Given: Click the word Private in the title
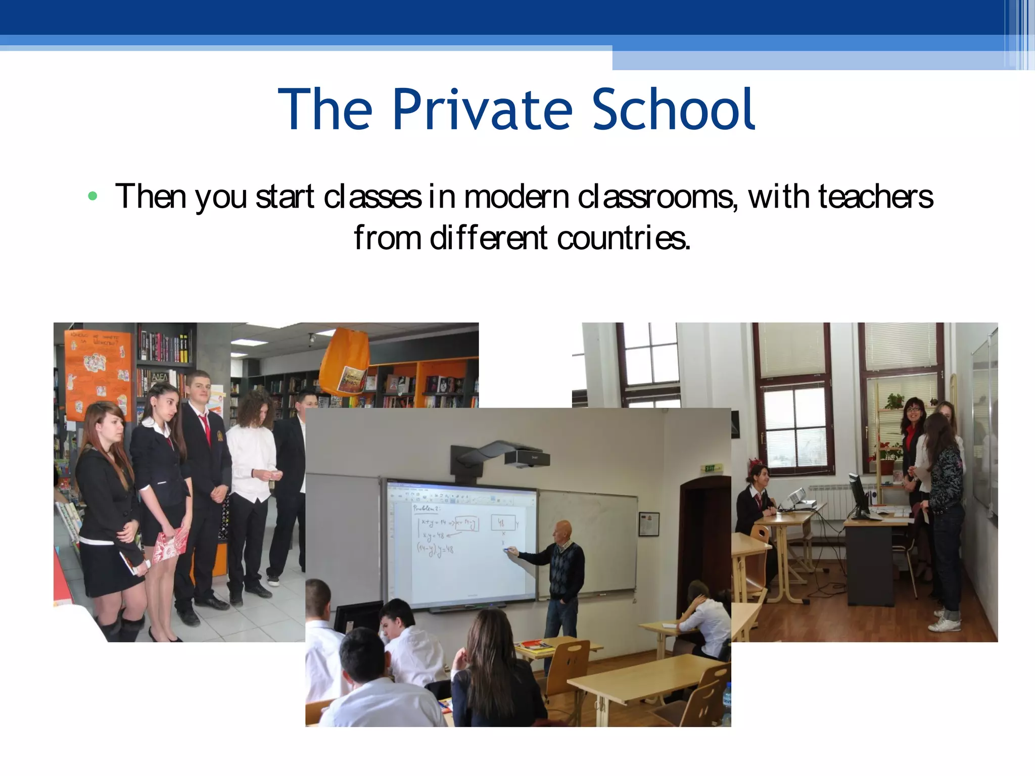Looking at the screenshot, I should click(482, 110).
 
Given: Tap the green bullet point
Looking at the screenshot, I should click(92, 196).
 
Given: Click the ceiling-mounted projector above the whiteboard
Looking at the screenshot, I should click(526, 457).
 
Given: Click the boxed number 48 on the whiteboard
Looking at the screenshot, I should click(502, 522).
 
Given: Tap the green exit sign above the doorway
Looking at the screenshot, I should click(713, 469).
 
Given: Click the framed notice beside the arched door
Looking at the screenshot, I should click(648, 523).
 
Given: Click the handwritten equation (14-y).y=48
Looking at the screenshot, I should click(436, 549).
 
